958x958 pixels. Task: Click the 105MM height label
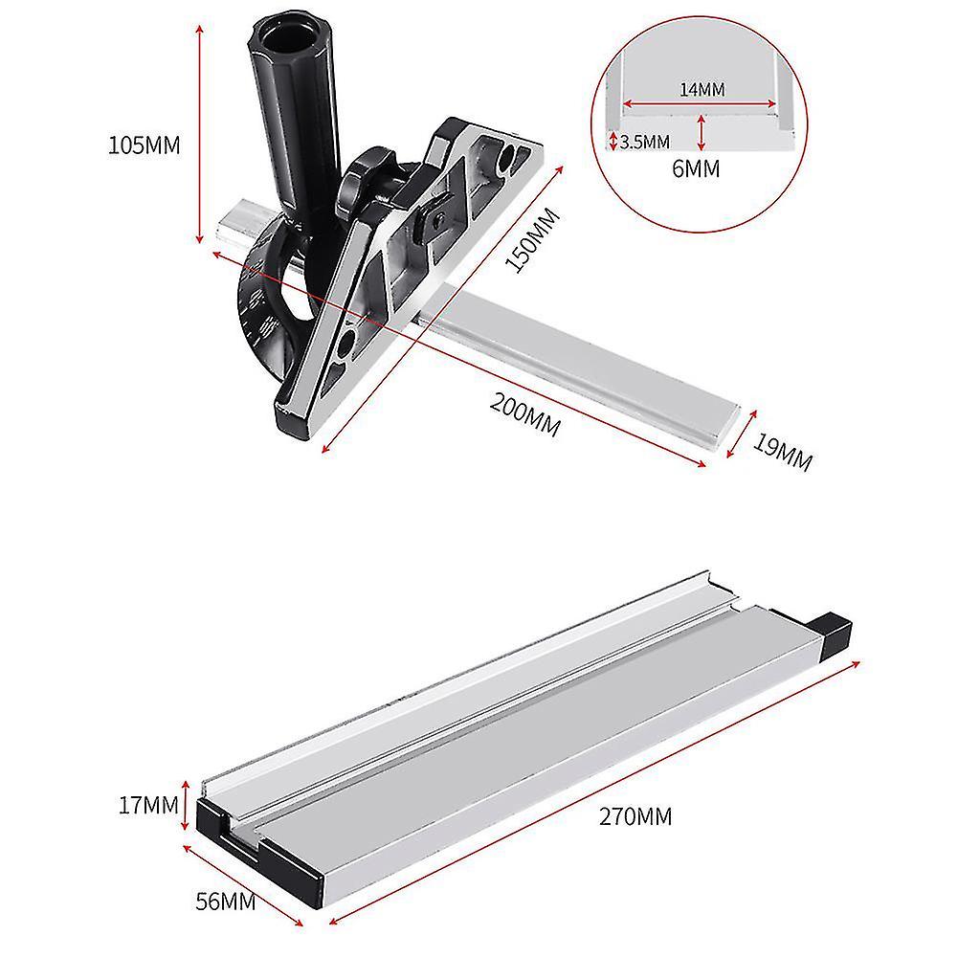click(x=145, y=145)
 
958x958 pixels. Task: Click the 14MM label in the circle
click(x=702, y=89)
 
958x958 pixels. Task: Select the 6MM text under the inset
click(x=697, y=168)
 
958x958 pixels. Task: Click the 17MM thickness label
click(x=145, y=806)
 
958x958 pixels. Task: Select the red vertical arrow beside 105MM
click(x=200, y=134)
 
